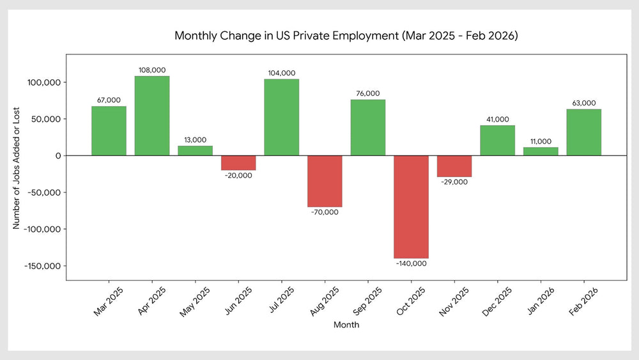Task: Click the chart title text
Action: pos(346,36)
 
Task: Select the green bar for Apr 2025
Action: pos(152,116)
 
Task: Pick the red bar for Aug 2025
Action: pos(325,181)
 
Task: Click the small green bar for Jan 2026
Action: pos(541,152)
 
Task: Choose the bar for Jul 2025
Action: pos(281,117)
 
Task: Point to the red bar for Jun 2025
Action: pos(238,162)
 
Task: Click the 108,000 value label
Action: pos(152,70)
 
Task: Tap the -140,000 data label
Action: pos(411,263)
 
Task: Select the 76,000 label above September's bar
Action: pos(368,94)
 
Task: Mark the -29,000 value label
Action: pos(454,182)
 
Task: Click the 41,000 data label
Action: pos(498,120)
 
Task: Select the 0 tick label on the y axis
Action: pos(58,156)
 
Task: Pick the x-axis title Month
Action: pos(346,325)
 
